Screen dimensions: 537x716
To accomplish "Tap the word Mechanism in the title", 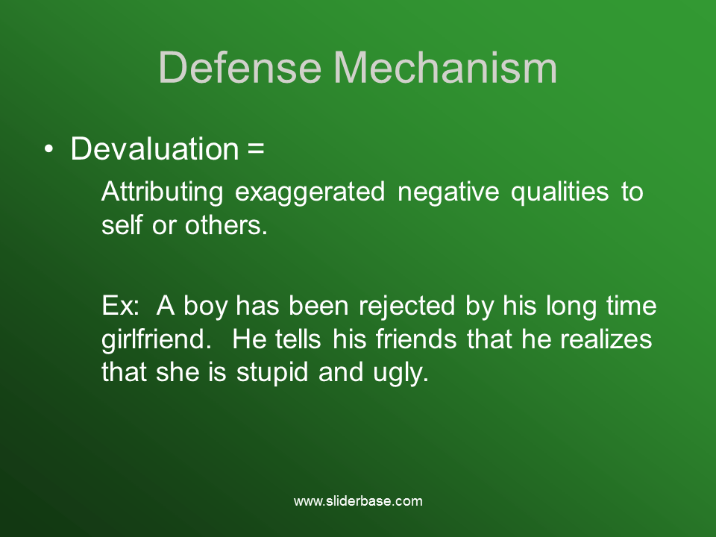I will click(450, 68).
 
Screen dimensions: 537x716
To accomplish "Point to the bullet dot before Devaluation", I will click(49, 149).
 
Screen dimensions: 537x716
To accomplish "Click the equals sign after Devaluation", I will click(255, 149).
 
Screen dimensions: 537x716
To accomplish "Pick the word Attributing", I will click(162, 192).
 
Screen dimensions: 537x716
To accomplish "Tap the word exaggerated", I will click(310, 192).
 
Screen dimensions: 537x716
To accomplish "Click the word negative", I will click(447, 192).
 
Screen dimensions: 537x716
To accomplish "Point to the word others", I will click(225, 226).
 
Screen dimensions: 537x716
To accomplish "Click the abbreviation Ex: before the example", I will click(120, 307).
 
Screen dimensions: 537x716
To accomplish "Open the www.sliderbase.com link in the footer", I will click(358, 501).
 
